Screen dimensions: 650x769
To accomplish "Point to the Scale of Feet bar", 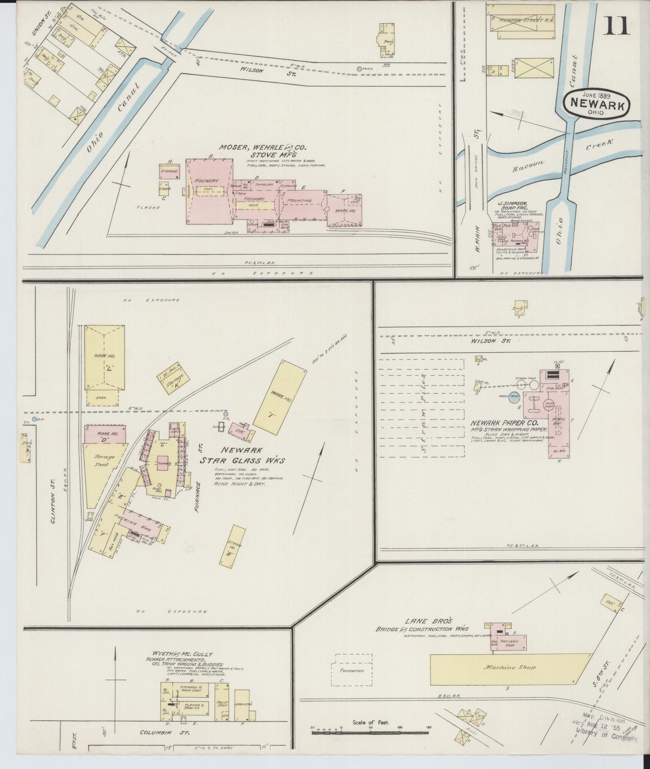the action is point(371,732).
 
